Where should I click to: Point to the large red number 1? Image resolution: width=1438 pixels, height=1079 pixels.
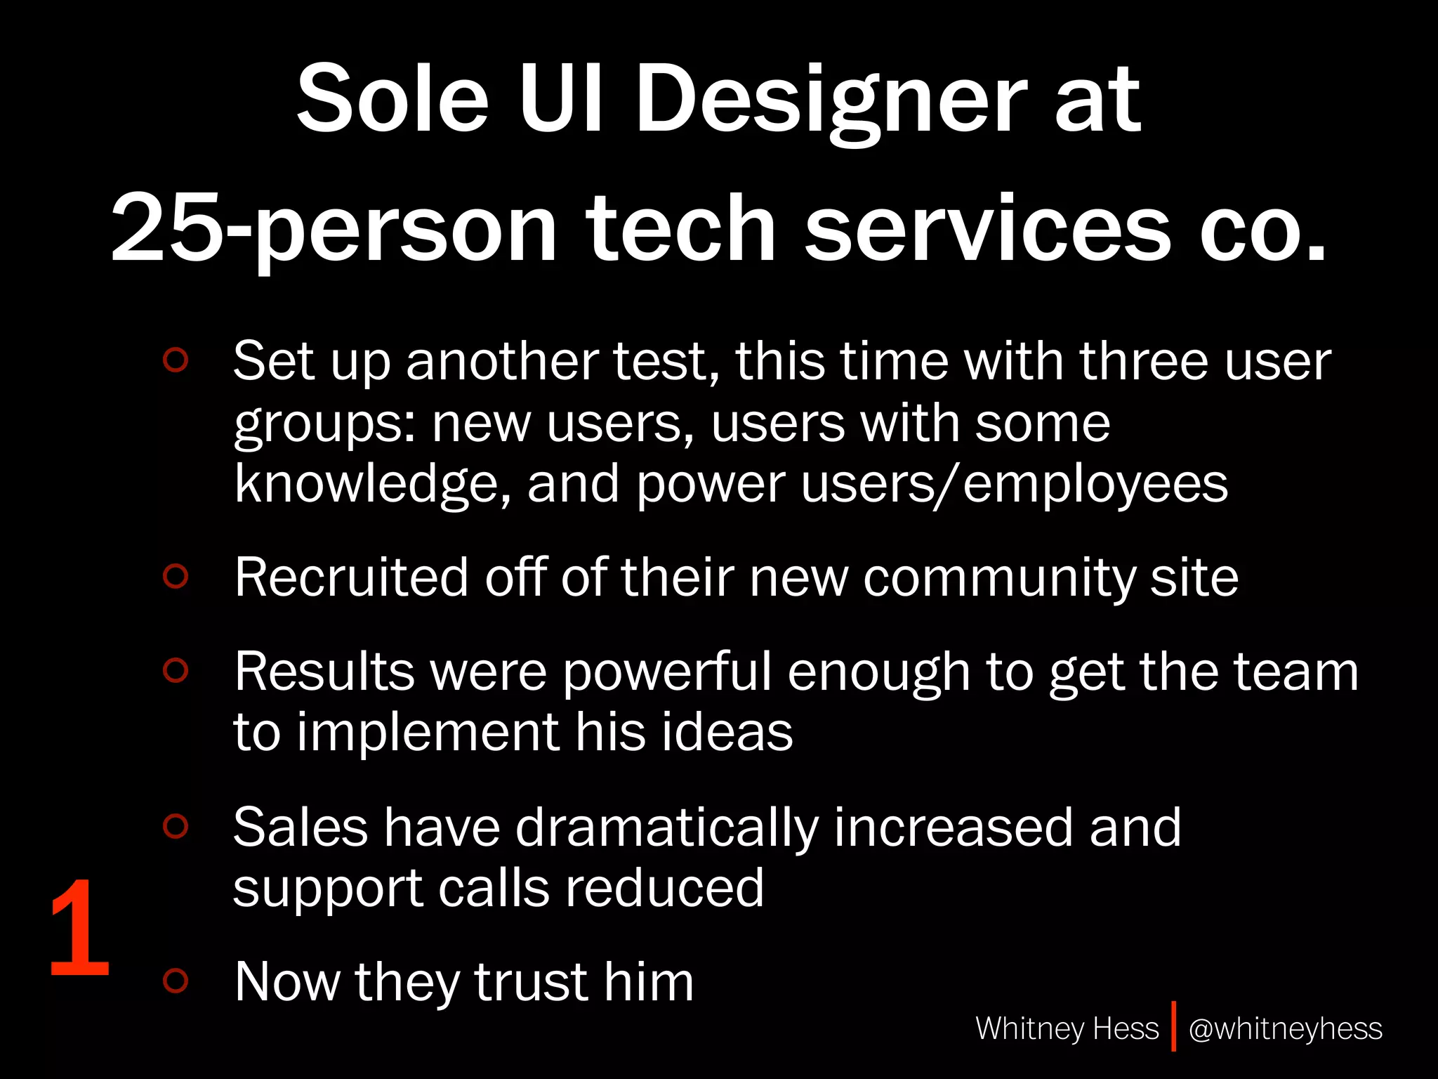(x=79, y=929)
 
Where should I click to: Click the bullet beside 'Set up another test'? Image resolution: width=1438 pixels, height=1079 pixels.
(x=176, y=360)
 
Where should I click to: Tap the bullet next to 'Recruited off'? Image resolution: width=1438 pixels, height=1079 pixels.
(x=176, y=576)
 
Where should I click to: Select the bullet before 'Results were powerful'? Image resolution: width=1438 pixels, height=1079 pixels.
(x=176, y=670)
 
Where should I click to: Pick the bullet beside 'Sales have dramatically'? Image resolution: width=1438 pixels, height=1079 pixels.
(x=176, y=826)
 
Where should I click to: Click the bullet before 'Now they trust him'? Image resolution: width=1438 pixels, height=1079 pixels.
(x=176, y=981)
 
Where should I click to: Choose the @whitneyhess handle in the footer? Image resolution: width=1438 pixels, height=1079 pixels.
(x=1285, y=1028)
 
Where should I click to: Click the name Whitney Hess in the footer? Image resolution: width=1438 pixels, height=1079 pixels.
(x=1067, y=1028)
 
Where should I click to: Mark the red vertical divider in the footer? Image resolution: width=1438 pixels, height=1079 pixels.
(x=1173, y=1026)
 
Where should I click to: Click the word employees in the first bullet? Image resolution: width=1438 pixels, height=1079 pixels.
(x=1095, y=485)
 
